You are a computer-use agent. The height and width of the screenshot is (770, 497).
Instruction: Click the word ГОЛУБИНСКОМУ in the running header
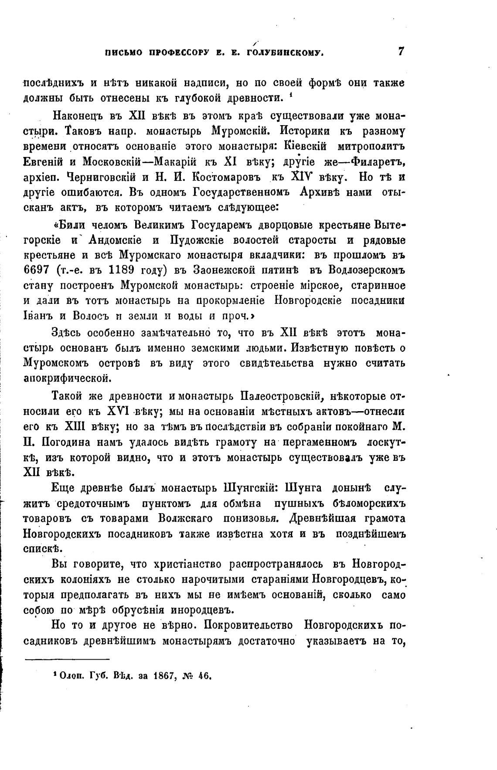coord(285,53)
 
